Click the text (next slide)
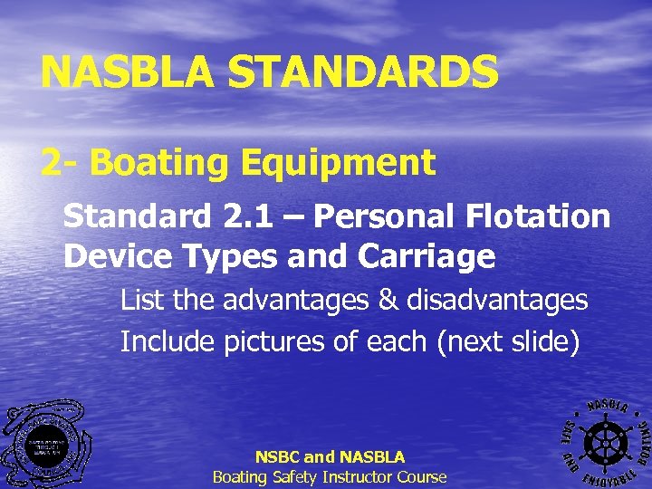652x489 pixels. point(513,341)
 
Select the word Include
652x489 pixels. point(168,341)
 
